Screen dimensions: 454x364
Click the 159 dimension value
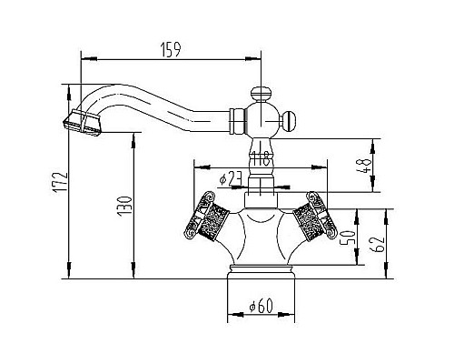pos(171,50)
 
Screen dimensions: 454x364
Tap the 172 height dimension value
pos(61,182)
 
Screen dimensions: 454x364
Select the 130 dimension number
pos(124,206)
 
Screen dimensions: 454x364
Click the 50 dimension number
pos(348,238)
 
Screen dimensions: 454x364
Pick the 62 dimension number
pos(378,243)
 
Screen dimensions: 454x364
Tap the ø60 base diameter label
pos(261,306)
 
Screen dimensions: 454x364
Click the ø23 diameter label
pos(231,178)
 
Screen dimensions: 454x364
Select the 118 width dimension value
pos(261,158)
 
